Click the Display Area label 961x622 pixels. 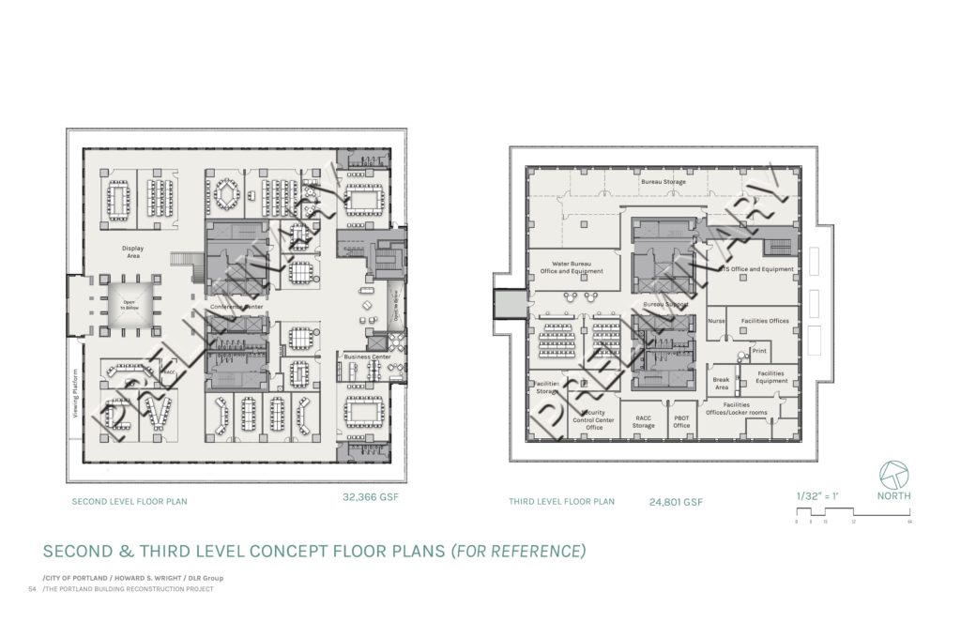pyautogui.click(x=131, y=251)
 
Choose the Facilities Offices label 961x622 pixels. pyautogui.click(x=765, y=321)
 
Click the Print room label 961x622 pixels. pyautogui.click(x=759, y=351)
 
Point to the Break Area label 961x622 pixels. pyautogui.click(x=721, y=383)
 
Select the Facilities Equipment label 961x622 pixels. pyautogui.click(x=771, y=377)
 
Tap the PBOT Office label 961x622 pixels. pyautogui.click(x=681, y=421)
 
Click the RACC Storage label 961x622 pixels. pyautogui.click(x=643, y=421)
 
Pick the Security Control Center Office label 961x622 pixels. pyautogui.click(x=593, y=419)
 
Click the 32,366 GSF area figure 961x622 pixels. pyautogui.click(x=371, y=497)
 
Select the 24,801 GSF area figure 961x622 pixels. pyautogui.click(x=676, y=502)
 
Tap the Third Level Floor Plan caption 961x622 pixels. pyautogui.click(x=561, y=502)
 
